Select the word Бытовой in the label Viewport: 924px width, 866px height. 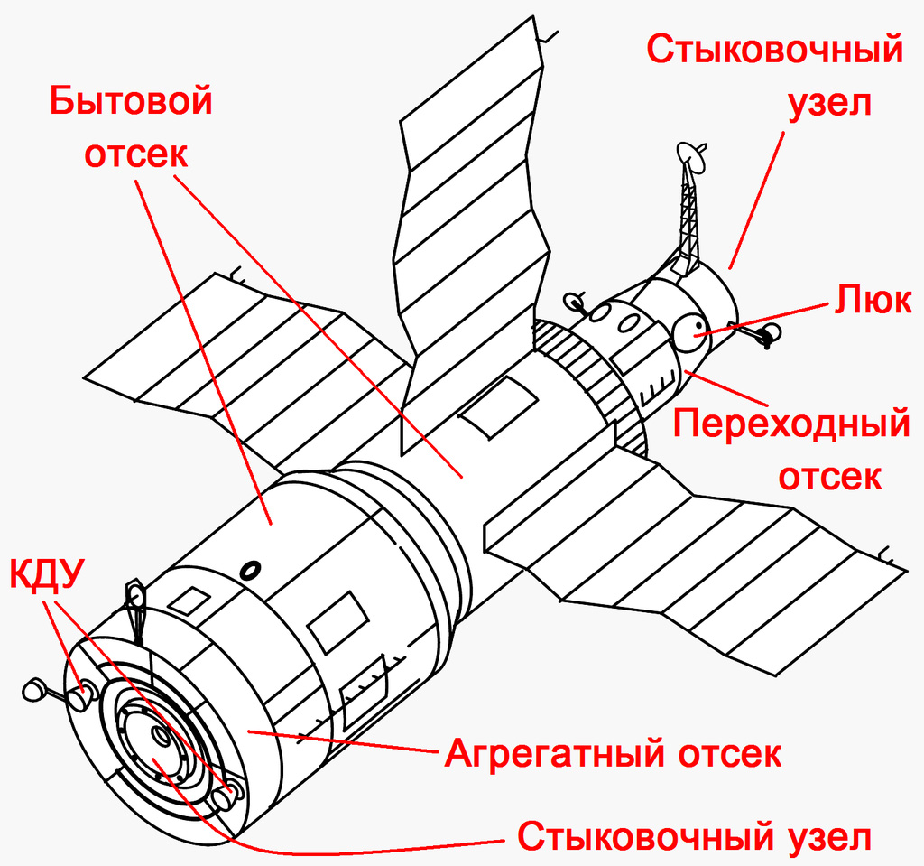[131, 100]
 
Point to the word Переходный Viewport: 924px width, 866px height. [790, 424]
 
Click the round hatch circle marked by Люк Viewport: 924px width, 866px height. [690, 332]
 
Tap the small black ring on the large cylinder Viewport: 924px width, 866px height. [252, 569]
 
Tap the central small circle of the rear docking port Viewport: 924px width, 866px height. [159, 735]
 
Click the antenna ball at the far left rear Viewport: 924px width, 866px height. [33, 690]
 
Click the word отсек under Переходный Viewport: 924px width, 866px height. [829, 476]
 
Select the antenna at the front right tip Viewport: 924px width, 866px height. [767, 337]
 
